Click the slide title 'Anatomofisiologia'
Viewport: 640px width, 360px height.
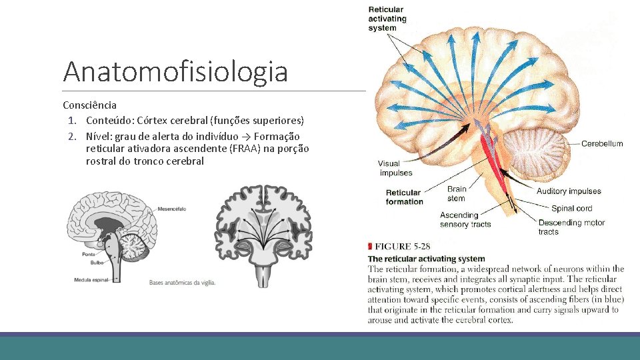click(175, 72)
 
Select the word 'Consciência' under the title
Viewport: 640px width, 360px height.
click(89, 105)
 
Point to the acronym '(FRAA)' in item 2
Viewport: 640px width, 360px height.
click(247, 148)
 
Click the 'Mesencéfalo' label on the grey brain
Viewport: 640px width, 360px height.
click(172, 209)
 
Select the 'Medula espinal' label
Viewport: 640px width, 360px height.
click(91, 280)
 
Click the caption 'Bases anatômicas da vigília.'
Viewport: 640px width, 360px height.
click(183, 282)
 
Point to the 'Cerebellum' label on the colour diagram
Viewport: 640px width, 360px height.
click(602, 143)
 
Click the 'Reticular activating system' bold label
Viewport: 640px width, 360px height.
click(386, 19)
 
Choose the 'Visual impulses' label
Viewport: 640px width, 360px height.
click(395, 168)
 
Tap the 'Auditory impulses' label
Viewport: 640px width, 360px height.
click(569, 191)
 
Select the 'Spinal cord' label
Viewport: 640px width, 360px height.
click(572, 208)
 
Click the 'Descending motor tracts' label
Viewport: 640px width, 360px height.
click(571, 227)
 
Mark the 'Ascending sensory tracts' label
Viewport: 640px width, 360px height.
click(465, 219)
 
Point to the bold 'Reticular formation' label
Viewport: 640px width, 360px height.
click(405, 197)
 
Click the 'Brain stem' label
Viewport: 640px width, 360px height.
click(457, 193)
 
